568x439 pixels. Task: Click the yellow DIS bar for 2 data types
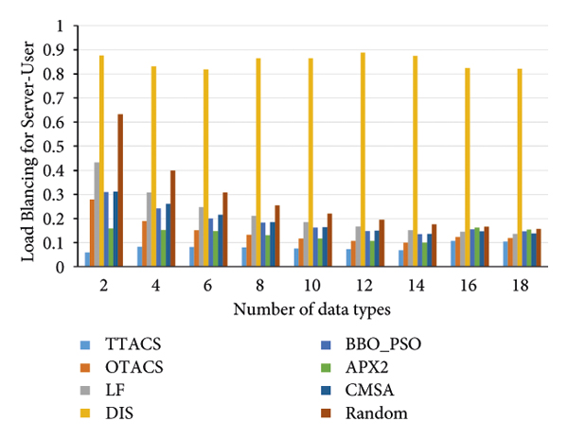coord(101,161)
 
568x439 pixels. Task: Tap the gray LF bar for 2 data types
coord(96,215)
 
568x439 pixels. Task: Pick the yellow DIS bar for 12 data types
coord(363,160)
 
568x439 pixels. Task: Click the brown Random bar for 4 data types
coord(172,219)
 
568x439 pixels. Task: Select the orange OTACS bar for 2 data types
coord(92,233)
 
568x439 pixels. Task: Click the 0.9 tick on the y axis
coord(62,49)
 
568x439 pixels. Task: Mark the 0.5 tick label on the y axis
coord(62,146)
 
